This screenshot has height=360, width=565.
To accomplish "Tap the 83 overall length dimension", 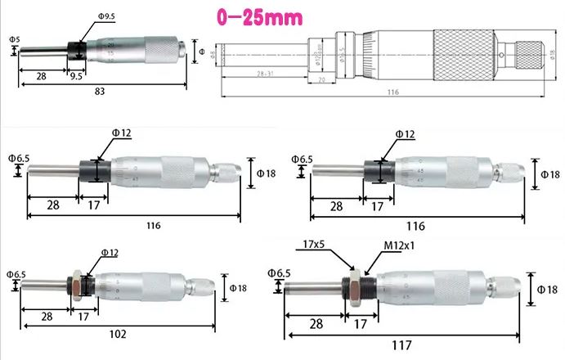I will tap(99, 92).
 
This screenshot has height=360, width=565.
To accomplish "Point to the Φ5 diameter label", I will tap(14, 38).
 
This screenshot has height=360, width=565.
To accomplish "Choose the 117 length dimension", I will tap(401, 344).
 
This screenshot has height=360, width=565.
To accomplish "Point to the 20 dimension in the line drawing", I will tap(321, 79).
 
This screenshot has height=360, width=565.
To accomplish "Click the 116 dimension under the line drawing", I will tap(393, 92).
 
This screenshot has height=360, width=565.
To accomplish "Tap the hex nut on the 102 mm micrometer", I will tap(74, 288).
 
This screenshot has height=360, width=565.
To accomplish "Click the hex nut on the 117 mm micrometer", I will tap(356, 289).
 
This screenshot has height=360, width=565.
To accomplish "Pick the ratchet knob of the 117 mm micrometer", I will tap(504, 288).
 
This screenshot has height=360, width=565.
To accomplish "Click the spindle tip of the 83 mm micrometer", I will tap(26, 50).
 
